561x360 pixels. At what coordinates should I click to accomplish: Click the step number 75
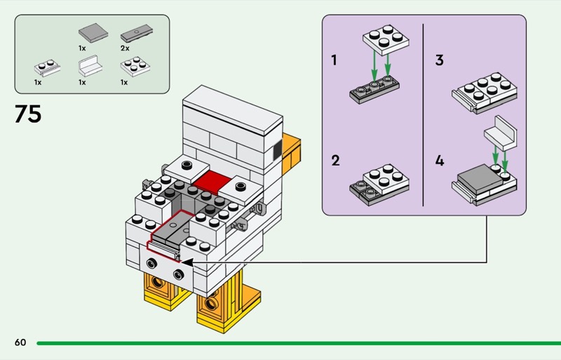(27, 114)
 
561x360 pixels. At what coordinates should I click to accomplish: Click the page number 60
(20, 342)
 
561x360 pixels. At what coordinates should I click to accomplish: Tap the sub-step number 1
(335, 60)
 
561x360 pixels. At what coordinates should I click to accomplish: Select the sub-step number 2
(335, 161)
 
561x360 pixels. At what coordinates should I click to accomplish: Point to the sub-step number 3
(439, 60)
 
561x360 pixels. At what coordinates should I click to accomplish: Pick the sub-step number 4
(439, 161)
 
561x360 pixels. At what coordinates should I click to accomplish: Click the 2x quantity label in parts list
(125, 48)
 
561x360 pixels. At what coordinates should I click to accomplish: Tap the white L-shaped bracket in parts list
(90, 68)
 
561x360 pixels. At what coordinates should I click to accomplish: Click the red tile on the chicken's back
(213, 182)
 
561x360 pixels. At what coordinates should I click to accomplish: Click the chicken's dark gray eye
(276, 149)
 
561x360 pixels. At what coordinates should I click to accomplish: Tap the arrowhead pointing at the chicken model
(189, 262)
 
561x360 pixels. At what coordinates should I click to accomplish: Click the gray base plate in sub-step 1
(374, 92)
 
